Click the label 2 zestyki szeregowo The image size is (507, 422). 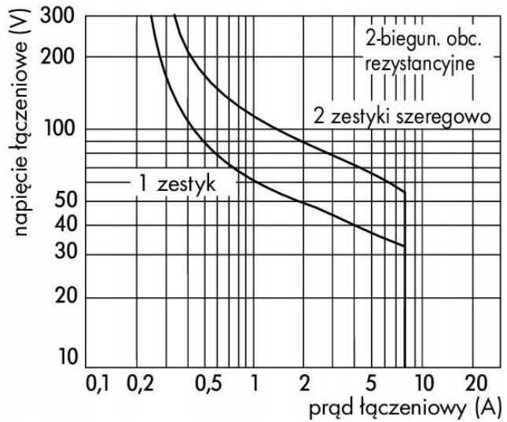(x=402, y=116)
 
